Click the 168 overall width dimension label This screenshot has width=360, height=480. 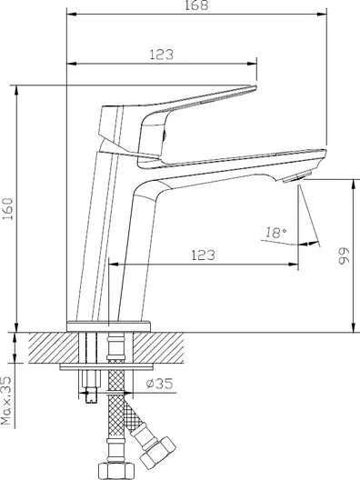point(196,5)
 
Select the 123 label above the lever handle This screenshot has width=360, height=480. point(161,55)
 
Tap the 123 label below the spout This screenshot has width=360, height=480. point(203,255)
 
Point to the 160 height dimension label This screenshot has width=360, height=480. point(8,208)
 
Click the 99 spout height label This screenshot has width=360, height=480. point(344,255)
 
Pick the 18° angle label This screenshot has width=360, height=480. point(275,233)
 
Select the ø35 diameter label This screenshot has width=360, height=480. point(159,384)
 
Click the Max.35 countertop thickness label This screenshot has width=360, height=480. point(6,400)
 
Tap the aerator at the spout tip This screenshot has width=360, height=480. point(296,177)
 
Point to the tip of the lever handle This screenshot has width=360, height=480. point(255,87)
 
